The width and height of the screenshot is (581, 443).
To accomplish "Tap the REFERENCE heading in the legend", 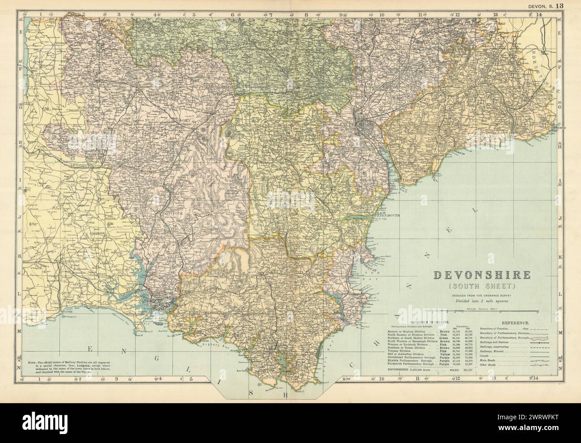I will (516, 322).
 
